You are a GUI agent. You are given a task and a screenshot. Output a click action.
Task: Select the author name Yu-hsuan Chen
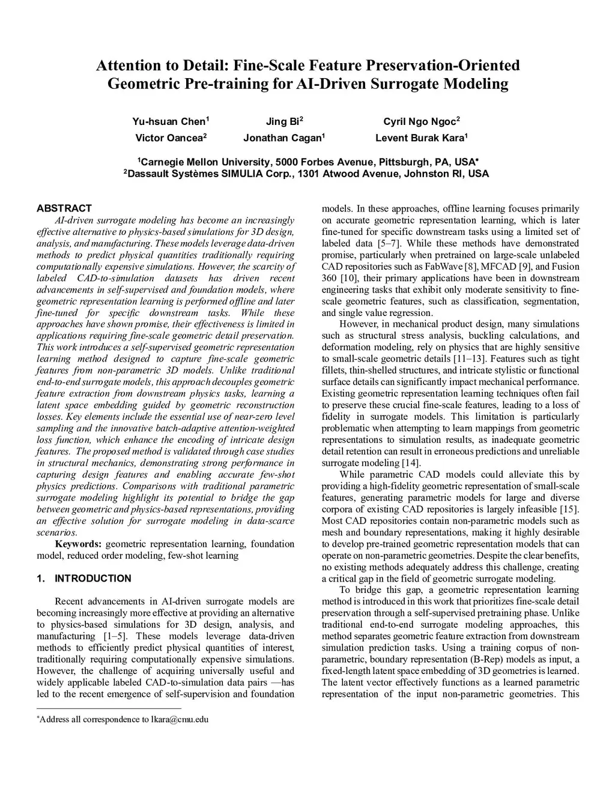(x=169, y=121)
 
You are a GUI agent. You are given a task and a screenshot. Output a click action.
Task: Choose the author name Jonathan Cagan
(x=282, y=138)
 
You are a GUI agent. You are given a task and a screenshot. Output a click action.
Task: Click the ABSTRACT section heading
(x=64, y=208)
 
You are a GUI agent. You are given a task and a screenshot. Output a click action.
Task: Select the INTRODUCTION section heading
(x=92, y=579)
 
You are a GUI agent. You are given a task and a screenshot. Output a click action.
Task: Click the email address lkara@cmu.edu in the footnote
(x=180, y=720)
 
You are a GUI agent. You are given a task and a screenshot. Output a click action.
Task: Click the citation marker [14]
(x=411, y=463)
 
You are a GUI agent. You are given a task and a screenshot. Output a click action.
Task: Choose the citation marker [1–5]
(x=115, y=636)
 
